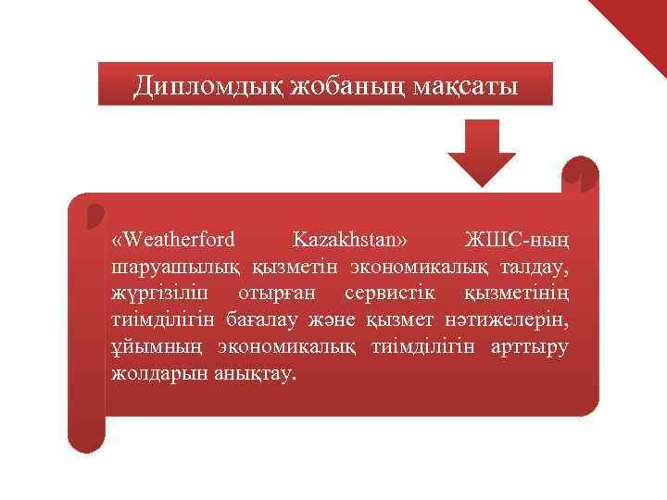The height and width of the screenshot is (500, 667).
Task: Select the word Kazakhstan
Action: [x=349, y=240]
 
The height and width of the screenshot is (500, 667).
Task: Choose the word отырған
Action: [x=278, y=294]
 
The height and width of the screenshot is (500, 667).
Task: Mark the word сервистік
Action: [x=385, y=294]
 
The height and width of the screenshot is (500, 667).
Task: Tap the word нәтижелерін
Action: [x=515, y=320]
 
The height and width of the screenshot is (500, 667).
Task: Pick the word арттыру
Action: [x=530, y=347]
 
